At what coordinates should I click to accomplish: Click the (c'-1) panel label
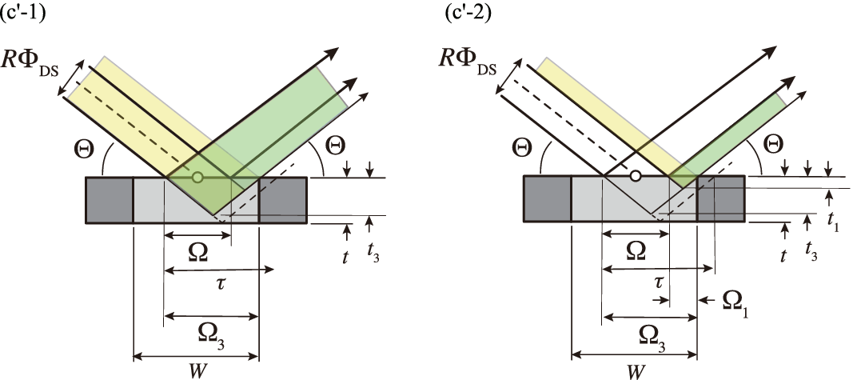22,12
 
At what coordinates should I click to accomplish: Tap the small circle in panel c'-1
197,177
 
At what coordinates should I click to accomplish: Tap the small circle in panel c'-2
635,176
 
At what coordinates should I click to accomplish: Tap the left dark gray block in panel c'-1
110,200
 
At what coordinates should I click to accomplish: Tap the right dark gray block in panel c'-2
721,198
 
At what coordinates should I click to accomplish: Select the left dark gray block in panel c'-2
548,198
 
